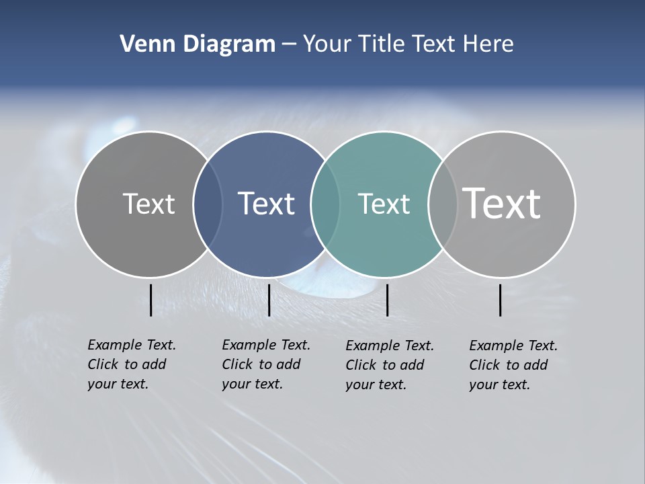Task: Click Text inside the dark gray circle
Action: [148, 204]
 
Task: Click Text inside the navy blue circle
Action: [266, 204]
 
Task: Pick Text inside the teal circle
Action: [384, 204]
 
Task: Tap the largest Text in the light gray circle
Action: [501, 203]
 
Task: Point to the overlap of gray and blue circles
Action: [208, 204]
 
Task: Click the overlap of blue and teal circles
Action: [325, 204]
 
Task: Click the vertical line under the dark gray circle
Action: [150, 300]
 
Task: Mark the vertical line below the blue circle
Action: [269, 300]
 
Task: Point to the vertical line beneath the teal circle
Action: [387, 300]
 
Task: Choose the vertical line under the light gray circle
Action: [500, 300]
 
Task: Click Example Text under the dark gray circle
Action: [132, 345]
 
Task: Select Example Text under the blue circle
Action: [266, 345]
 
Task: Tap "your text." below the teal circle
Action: [376, 385]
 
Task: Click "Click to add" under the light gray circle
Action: [509, 365]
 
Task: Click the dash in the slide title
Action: [289, 44]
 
